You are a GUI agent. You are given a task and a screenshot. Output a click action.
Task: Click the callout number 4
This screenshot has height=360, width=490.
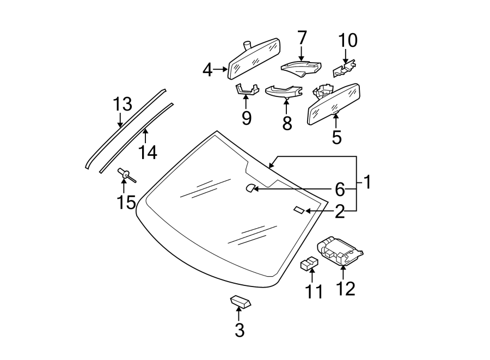(x=207, y=70)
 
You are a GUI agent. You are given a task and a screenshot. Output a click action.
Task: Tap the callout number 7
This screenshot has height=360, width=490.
(x=302, y=38)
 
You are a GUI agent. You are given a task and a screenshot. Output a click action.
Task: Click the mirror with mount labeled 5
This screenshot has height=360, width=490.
(x=334, y=103)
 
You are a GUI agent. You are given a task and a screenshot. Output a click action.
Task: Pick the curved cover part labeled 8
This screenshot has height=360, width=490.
(x=284, y=91)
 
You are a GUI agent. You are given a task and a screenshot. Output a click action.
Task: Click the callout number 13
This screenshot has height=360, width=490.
(x=122, y=103)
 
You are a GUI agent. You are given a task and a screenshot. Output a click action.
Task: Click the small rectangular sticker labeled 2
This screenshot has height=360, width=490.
(x=299, y=210)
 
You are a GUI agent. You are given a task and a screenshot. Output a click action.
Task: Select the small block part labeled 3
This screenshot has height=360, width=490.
(x=240, y=301)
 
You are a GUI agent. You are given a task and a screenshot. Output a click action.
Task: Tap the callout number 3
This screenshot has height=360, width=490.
(x=240, y=330)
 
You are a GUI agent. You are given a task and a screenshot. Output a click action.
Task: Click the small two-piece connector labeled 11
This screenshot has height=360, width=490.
(x=309, y=264)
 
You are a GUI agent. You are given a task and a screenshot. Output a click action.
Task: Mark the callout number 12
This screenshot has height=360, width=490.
(x=345, y=288)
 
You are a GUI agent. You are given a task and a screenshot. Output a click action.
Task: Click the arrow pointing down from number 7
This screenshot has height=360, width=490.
(x=302, y=53)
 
